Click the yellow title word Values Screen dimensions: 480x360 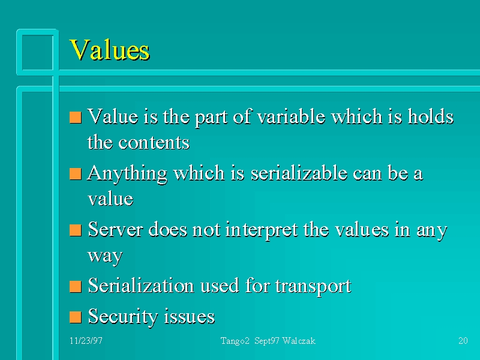point(110,50)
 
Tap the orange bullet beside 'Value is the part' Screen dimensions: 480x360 point(76,118)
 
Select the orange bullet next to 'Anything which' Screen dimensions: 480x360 point(76,174)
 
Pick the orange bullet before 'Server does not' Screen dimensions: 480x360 point(76,230)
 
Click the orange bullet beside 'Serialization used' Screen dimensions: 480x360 point(76,287)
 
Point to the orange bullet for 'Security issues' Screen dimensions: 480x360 point(76,317)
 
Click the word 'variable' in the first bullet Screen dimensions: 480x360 point(291,116)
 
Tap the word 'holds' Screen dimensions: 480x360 point(430,116)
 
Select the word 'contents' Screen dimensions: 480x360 point(154,143)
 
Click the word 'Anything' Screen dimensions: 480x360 point(127,174)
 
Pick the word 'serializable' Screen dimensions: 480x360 point(299,173)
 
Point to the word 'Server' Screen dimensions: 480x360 point(115,230)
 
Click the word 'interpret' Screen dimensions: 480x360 point(262,230)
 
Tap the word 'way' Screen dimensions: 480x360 point(105,256)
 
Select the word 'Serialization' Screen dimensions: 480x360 point(141,286)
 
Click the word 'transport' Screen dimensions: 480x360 point(313,287)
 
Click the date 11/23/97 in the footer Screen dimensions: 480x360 point(86,341)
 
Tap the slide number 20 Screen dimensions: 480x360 point(463,341)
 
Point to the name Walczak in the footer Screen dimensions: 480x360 point(299,341)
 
